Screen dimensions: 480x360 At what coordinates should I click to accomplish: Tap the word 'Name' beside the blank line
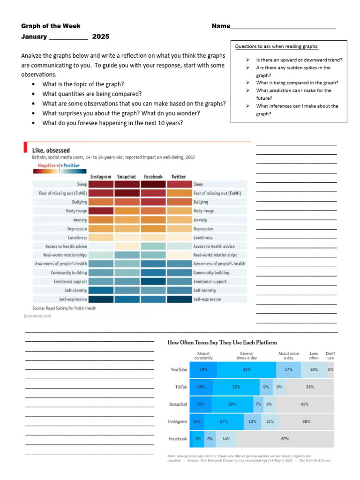pos(221,26)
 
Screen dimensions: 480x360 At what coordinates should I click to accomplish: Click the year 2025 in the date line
pos(101,37)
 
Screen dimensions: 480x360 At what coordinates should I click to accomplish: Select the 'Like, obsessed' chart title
pos(52,150)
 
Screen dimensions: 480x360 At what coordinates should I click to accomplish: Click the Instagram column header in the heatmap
pos(101,177)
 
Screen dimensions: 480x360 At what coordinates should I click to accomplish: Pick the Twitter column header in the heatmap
pos(179,177)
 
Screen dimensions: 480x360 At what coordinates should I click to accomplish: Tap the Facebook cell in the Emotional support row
pos(153,282)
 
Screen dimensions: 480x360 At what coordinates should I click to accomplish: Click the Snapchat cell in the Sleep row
pos(127,185)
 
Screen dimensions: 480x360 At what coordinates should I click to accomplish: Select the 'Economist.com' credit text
pos(37,316)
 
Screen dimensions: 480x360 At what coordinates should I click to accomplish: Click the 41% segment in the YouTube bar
pos(246,370)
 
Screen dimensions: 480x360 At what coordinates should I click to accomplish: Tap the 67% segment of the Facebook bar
pos(285,439)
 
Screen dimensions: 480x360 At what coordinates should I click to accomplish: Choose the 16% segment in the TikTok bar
pos(202,387)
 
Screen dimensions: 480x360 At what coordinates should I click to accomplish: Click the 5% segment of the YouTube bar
pos(330,370)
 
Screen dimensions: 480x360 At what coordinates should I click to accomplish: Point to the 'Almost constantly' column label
pos(203,356)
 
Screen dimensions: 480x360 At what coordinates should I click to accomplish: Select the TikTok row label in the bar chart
pos(181,387)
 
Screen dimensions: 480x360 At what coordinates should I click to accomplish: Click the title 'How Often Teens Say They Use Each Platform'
pos(222,343)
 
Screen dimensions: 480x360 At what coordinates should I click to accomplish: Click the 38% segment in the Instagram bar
pos(306,421)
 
